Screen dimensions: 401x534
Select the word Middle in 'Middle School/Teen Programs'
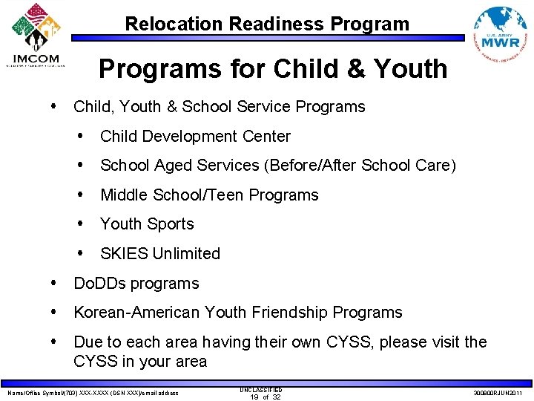(x=125, y=195)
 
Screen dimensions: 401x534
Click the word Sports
(x=171, y=224)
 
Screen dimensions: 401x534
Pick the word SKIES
(x=124, y=254)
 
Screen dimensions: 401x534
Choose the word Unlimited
(x=186, y=254)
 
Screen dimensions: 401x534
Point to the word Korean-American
(x=136, y=313)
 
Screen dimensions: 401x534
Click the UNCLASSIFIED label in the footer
(x=261, y=389)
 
